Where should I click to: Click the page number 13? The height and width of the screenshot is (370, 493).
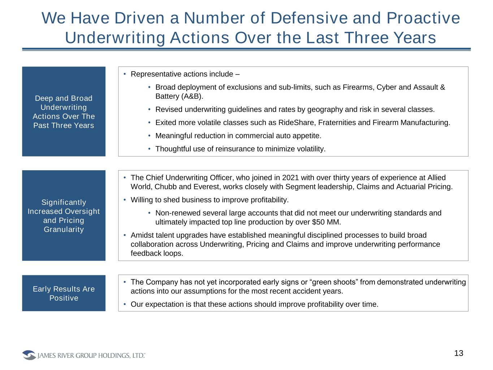point(459,353)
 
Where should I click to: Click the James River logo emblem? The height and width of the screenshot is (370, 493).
point(29,355)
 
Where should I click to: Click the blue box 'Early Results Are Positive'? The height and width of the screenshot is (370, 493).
point(64,293)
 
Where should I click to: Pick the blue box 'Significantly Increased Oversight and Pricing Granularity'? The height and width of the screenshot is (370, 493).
point(64,215)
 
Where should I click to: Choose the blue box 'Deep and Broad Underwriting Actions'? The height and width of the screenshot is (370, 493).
point(64,111)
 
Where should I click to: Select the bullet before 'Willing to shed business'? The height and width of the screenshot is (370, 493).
point(124,200)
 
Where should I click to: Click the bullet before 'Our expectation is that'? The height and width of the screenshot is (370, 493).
point(124,304)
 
